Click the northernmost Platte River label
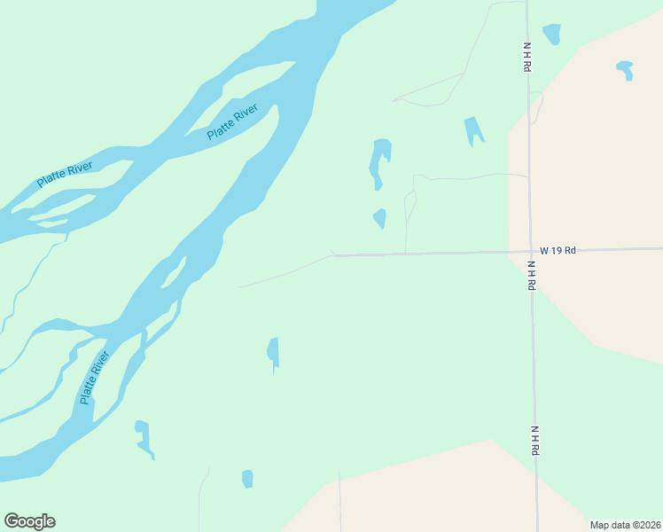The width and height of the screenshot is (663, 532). (232, 121)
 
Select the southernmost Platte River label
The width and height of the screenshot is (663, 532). (95, 378)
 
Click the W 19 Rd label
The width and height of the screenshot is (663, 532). (558, 250)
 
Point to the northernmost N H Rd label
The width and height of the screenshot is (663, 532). (526, 57)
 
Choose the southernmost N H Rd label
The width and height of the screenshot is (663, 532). (535, 441)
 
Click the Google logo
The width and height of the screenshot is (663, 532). (29, 521)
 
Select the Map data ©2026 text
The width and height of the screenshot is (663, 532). (624, 524)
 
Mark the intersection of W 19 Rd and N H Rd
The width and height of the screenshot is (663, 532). (530, 251)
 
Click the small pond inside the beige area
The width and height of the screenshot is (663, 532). (625, 69)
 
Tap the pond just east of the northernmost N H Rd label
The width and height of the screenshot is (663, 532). (552, 34)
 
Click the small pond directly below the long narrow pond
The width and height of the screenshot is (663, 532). (380, 217)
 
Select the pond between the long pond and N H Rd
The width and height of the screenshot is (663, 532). (473, 130)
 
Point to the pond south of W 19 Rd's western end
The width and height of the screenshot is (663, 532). (273, 351)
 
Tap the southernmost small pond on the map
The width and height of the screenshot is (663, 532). (247, 479)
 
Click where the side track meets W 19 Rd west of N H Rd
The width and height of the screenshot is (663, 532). (406, 254)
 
